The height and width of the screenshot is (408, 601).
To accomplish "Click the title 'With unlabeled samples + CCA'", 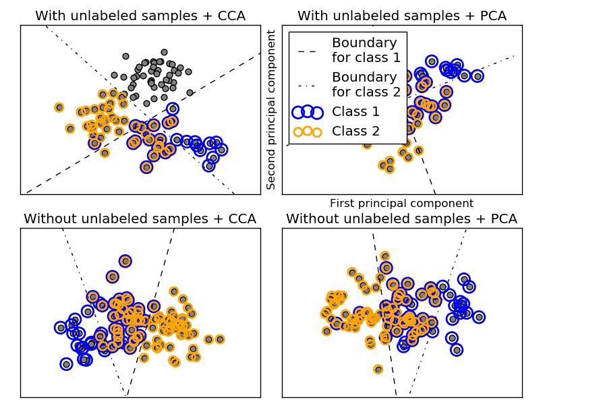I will tap(140, 16).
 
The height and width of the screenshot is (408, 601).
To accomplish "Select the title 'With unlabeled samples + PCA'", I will tap(402, 16).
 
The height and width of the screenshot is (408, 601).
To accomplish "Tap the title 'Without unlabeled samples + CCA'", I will tap(140, 218).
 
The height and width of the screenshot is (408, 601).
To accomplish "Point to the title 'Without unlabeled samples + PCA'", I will tap(402, 218).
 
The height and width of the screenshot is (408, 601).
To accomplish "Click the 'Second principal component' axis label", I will tap(272, 109).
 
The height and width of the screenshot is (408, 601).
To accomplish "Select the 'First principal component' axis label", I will tap(402, 204).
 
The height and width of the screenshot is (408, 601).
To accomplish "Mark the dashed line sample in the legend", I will tap(307, 51).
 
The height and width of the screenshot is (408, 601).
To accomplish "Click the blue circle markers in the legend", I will tap(307, 112).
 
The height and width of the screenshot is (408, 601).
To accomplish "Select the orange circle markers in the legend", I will tap(307, 131).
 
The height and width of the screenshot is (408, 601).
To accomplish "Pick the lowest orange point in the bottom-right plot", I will tap(378, 369).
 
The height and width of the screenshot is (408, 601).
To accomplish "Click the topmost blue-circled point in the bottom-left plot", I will tap(125, 261).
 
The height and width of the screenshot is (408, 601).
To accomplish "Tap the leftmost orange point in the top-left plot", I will tap(59, 107).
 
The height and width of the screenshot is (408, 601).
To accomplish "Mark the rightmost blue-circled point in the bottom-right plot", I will tap(479, 317).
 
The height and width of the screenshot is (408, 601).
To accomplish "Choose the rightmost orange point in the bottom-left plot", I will tap(220, 339).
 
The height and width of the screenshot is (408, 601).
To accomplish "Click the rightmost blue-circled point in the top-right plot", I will tap(478, 76).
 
